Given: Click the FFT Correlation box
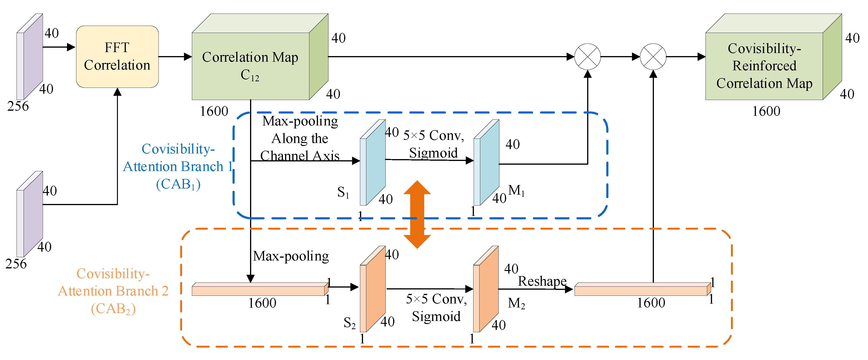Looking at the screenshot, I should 117,57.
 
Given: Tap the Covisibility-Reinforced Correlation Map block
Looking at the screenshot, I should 764,66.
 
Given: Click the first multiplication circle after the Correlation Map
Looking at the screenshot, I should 587,57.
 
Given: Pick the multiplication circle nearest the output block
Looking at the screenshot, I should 653,57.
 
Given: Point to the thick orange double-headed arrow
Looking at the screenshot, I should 417,214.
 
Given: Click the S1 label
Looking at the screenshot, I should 343,192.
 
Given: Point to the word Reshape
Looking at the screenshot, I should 542,281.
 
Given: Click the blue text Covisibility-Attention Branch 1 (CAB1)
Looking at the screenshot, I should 178,167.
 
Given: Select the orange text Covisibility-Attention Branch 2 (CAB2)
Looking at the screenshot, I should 113,291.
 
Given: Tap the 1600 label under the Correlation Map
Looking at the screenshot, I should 214,111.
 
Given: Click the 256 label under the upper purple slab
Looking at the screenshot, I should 18,106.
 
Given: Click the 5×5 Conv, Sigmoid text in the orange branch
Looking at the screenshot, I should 436,307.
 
